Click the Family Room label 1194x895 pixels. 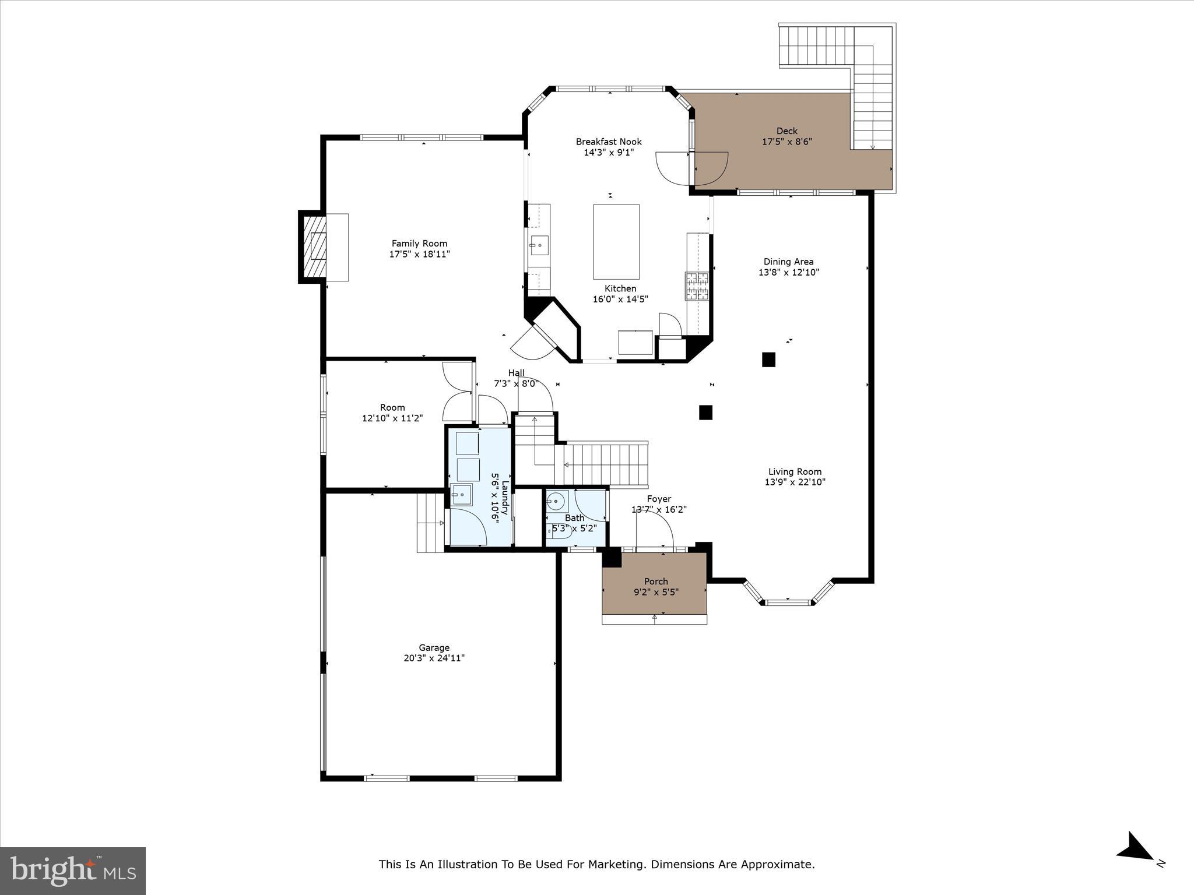coord(419,244)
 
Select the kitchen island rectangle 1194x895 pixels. coord(616,242)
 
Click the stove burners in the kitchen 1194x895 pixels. coord(697,286)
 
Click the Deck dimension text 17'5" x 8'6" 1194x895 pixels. coord(787,142)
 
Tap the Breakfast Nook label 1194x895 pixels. coord(609,142)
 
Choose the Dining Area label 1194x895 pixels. coord(789,262)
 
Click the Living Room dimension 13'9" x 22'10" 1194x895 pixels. coord(795,482)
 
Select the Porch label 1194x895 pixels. coord(656,582)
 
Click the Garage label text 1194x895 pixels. coord(434,647)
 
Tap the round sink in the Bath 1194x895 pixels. coord(557,500)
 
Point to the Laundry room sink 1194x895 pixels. coord(462,495)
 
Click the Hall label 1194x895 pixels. coord(516,373)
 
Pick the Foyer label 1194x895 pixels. coord(659,499)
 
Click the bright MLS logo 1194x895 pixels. coord(73,871)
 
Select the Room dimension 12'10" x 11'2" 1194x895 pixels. coord(392,418)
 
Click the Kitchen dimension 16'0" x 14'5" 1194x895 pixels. coord(620,299)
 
